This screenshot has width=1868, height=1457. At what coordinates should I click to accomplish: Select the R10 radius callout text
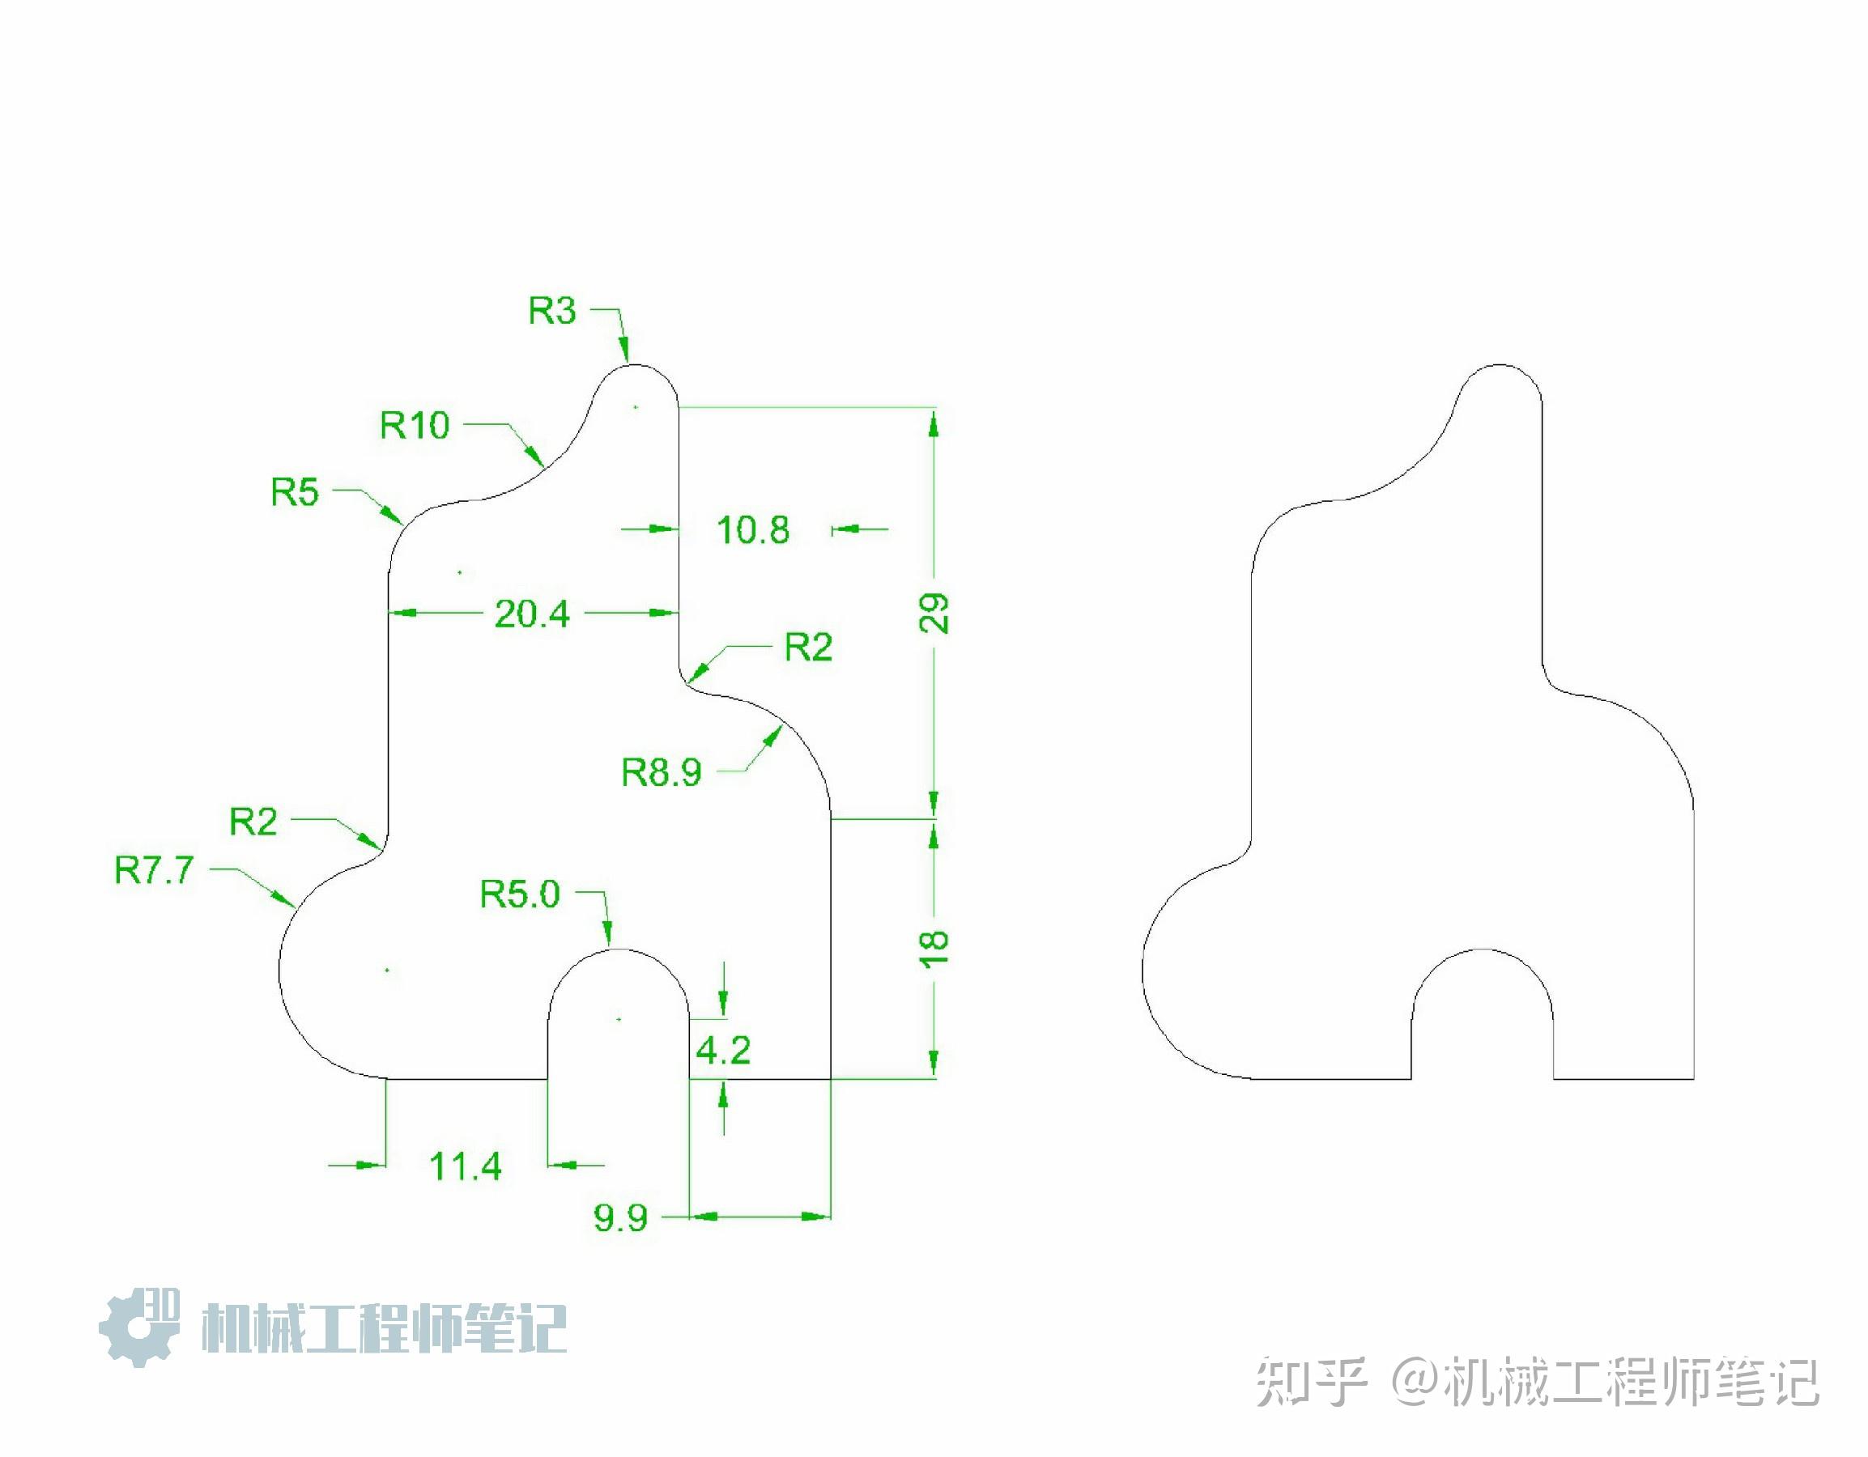pyautogui.click(x=415, y=425)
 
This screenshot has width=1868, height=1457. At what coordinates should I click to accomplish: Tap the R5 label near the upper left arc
pyautogui.click(x=295, y=492)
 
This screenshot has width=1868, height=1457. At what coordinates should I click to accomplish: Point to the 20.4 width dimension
pyautogui.click(x=532, y=614)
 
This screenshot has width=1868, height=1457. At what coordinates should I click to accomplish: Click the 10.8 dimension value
pyautogui.click(x=753, y=530)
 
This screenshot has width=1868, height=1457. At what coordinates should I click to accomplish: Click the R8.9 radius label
pyautogui.click(x=662, y=773)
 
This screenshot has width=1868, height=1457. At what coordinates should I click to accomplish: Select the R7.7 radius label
pyautogui.click(x=155, y=870)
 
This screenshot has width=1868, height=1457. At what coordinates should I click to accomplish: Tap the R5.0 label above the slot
pyautogui.click(x=520, y=894)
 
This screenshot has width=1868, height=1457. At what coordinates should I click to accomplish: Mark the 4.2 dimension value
pyautogui.click(x=723, y=1050)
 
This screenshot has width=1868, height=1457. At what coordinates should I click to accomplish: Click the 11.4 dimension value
pyautogui.click(x=466, y=1166)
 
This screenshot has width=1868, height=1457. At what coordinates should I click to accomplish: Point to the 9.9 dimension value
pyautogui.click(x=621, y=1217)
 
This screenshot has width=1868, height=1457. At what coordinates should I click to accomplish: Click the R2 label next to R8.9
pyautogui.click(x=808, y=648)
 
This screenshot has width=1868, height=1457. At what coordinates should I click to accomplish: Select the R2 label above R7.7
pyautogui.click(x=254, y=822)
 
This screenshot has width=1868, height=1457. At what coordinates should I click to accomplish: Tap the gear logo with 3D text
pyautogui.click(x=139, y=1326)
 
